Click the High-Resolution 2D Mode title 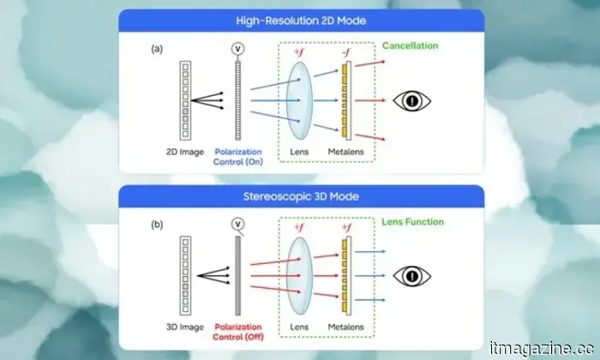click(x=300, y=20)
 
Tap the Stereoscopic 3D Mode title click(x=300, y=196)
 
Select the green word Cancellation click(x=410, y=45)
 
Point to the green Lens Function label click(x=413, y=222)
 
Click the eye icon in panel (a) click(x=411, y=100)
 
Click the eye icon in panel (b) click(x=411, y=276)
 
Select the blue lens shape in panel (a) click(x=297, y=101)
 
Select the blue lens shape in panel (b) click(x=297, y=277)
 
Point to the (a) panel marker click(x=157, y=49)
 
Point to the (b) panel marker click(x=157, y=225)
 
